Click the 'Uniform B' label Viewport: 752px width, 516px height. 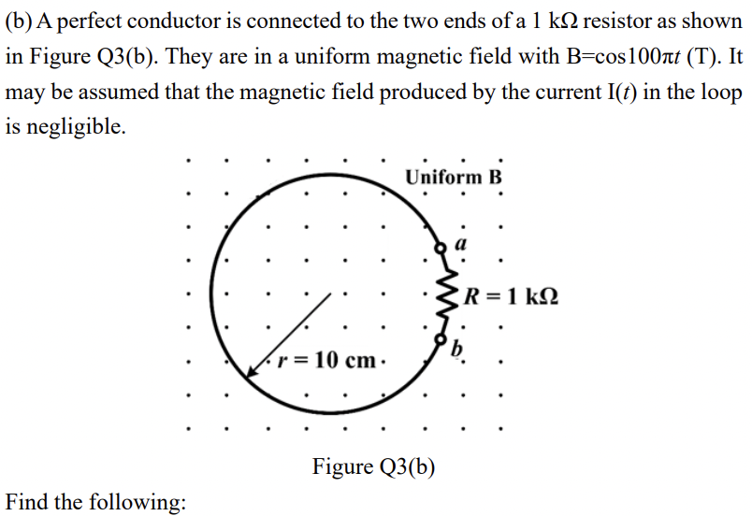pos(455,177)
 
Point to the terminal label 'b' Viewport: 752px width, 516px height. pos(457,350)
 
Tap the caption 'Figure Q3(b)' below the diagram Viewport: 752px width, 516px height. pos(374,466)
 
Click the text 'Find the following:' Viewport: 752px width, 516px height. pos(95,502)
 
